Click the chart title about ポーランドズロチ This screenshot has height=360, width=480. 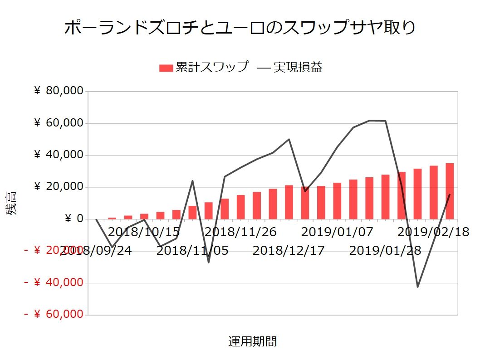[x=240, y=28]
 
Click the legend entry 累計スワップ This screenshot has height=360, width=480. [x=204, y=67]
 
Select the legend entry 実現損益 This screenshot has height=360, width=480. [x=290, y=67]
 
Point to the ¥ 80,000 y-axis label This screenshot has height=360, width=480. [x=59, y=91]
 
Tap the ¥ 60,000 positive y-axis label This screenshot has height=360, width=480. [x=59, y=123]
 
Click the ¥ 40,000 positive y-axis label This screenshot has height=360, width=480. [x=59, y=155]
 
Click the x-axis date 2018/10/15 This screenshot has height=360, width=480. [x=144, y=232]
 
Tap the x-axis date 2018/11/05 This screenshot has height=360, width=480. [x=192, y=250]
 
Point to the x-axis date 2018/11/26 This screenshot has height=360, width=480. [x=240, y=232]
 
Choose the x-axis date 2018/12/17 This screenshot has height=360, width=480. [x=289, y=250]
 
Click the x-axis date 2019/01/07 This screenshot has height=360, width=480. [x=337, y=232]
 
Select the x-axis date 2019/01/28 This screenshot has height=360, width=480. [x=385, y=250]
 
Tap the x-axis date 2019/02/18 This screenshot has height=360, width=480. [x=433, y=232]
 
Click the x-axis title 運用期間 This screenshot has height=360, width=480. [x=252, y=341]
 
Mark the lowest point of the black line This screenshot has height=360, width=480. [x=417, y=287]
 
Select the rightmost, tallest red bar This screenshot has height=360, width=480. [x=450, y=191]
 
